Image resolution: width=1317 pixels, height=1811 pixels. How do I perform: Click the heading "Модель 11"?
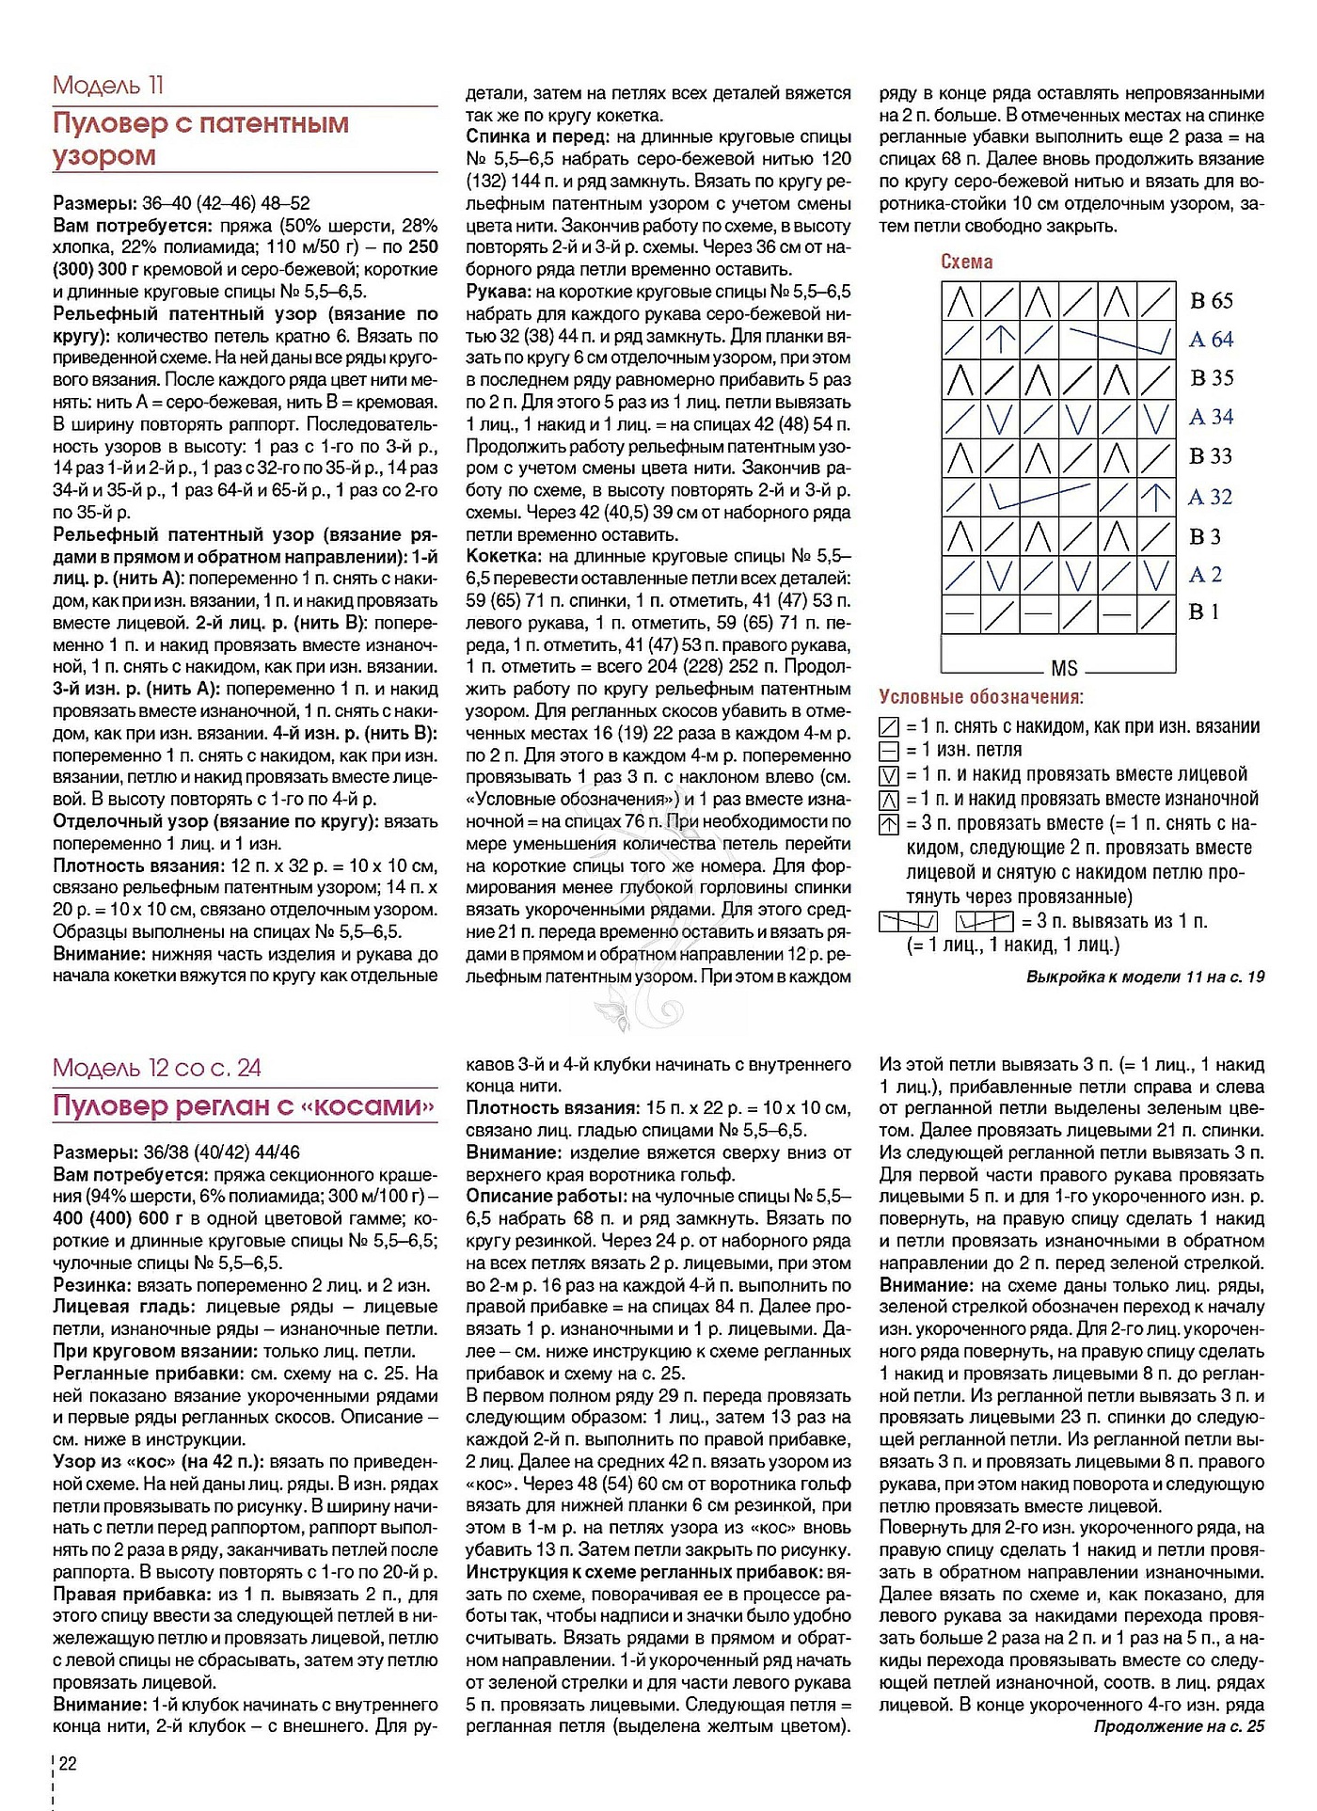[x=108, y=86]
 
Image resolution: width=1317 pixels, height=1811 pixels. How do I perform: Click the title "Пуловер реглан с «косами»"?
[x=244, y=1105]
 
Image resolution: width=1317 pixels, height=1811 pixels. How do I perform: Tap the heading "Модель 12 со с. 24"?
[x=157, y=1068]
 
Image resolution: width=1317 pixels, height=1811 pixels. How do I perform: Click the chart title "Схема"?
[x=966, y=262]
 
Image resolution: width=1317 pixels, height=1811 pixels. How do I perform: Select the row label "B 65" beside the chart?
[x=1211, y=301]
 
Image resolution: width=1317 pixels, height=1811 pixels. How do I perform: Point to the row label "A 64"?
[x=1211, y=340]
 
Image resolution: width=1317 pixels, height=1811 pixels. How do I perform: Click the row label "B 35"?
[x=1211, y=378]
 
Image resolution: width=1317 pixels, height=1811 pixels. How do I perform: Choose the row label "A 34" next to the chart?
[x=1211, y=417]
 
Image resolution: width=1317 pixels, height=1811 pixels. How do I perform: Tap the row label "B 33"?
[x=1211, y=456]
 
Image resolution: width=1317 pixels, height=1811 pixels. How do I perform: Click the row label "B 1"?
[x=1204, y=612]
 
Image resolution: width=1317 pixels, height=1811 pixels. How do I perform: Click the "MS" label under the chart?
[x=1064, y=669]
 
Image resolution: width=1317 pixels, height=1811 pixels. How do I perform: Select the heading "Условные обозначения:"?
[x=981, y=697]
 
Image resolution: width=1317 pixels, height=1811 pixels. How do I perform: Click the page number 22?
[x=68, y=1763]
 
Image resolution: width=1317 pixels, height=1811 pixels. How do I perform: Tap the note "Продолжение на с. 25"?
[x=1179, y=1726]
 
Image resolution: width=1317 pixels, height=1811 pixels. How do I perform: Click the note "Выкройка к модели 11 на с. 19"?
[x=1145, y=977]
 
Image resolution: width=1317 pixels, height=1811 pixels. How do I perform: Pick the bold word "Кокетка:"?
[x=504, y=557]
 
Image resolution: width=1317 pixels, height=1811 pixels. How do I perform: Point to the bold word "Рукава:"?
[x=499, y=292]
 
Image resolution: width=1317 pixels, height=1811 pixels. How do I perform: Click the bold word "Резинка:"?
[x=92, y=1285]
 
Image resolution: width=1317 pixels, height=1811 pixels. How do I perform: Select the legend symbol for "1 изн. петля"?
[x=888, y=751]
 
